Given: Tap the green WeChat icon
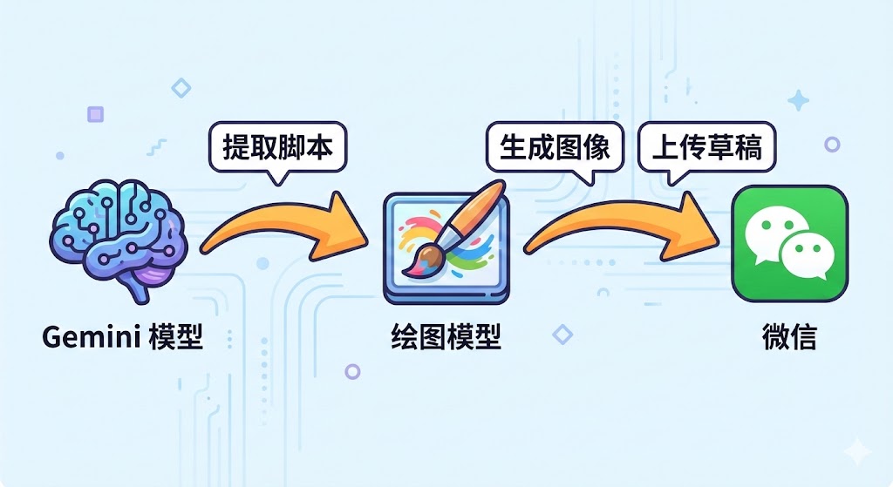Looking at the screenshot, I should [x=789, y=243].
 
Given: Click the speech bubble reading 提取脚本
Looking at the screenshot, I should [x=278, y=148].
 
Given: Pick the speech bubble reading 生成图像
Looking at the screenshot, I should [x=555, y=148].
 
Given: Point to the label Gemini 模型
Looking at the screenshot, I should [x=122, y=337].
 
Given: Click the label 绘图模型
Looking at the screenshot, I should [x=446, y=337].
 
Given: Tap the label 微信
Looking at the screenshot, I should [x=789, y=337].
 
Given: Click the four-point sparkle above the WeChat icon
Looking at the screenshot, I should [x=798, y=100].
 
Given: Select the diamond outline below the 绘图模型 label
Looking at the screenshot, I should [x=563, y=333].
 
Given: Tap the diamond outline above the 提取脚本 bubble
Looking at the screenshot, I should [x=181, y=87].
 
